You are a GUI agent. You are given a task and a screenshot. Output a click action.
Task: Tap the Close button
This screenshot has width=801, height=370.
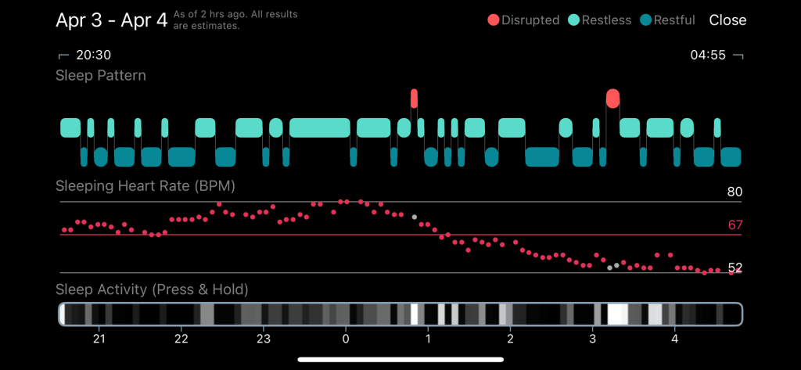(727, 20)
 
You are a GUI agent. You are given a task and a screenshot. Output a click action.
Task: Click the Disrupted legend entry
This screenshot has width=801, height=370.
(523, 20)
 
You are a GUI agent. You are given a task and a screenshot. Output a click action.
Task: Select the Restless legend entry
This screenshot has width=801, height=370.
(600, 20)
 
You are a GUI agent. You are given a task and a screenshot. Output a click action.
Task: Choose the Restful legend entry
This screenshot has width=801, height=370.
(667, 20)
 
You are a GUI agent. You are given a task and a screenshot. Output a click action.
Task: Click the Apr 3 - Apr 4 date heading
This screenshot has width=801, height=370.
(112, 20)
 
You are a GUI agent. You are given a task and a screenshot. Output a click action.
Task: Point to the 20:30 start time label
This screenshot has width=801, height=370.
(93, 56)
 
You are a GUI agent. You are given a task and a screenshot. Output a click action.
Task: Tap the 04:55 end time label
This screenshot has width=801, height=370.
(708, 56)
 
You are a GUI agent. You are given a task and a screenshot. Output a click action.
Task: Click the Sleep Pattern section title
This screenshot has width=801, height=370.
(101, 76)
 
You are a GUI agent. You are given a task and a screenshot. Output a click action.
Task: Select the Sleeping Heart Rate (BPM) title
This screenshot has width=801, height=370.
(145, 186)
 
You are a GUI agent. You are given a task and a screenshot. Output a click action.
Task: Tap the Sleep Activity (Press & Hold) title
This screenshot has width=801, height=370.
(152, 289)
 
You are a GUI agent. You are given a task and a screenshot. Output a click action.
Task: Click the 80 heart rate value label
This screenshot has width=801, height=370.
(735, 192)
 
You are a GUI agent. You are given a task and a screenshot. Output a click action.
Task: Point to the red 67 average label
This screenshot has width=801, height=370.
(735, 225)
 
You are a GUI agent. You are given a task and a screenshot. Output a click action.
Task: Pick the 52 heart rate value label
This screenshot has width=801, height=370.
(735, 268)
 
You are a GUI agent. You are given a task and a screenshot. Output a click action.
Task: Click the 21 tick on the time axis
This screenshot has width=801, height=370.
(99, 339)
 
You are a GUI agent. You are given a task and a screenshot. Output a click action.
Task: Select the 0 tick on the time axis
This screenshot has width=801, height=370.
(346, 339)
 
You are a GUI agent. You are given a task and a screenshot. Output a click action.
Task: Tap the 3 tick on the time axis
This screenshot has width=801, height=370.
(592, 339)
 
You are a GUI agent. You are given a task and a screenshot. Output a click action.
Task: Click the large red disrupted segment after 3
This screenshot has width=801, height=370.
(612, 99)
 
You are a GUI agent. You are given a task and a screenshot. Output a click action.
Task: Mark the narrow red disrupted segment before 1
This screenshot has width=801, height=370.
(414, 99)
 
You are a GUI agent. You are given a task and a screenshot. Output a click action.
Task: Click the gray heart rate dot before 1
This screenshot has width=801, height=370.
(415, 217)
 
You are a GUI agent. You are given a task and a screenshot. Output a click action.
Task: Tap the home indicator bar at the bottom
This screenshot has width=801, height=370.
(400, 360)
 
